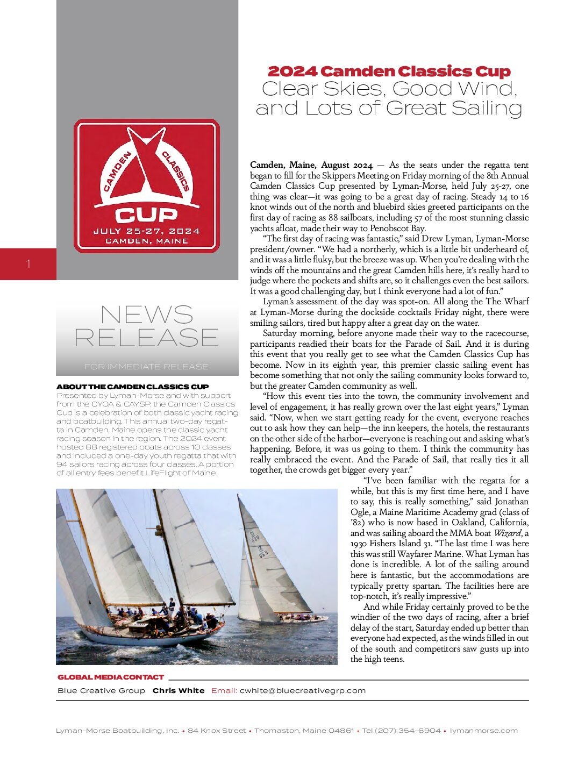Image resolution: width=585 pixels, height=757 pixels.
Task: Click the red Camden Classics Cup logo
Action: coord(147,185)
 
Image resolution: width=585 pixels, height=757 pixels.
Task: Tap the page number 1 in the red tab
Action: coord(28,264)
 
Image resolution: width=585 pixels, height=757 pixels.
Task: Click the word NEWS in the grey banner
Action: coord(146,315)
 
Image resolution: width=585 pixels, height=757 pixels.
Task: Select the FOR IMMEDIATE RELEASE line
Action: coord(146,367)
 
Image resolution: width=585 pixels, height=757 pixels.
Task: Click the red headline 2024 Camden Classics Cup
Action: coord(389,72)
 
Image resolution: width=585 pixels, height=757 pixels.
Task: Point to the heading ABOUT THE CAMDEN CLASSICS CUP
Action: coord(132,387)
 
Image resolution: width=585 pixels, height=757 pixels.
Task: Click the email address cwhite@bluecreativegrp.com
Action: coord(302,691)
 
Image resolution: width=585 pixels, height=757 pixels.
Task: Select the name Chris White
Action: coord(179,691)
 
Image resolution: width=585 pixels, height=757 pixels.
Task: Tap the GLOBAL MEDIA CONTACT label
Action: coord(110,677)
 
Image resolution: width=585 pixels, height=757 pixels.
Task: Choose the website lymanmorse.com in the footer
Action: coord(483,731)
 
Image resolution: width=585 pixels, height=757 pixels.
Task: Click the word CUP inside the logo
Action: coord(146,216)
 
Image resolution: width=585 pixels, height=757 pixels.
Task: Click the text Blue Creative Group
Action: coord(101,691)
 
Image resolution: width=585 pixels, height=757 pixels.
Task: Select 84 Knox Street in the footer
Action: coord(217,731)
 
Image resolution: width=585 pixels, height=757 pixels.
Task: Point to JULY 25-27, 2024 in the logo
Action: coord(146,231)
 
